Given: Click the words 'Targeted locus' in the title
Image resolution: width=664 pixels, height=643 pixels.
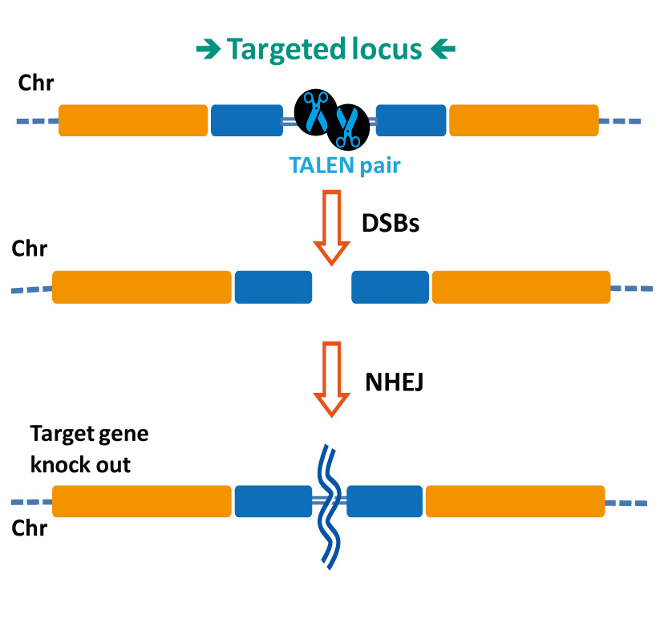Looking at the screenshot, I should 323,50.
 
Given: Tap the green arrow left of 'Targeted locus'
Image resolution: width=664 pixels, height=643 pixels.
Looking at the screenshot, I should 208,51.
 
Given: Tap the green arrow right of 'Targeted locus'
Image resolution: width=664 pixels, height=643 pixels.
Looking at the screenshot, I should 443,51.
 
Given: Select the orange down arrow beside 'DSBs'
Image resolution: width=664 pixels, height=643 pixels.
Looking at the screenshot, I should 330,228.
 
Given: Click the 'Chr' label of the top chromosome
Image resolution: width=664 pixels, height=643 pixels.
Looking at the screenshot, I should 36,83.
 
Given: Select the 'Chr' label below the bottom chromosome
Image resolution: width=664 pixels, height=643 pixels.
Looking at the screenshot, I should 30,529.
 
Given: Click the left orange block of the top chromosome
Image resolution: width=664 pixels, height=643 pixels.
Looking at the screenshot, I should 133,120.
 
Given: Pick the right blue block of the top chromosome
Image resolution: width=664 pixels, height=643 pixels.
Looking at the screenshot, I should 411,120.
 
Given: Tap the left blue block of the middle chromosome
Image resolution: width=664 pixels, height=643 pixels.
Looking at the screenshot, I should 273,287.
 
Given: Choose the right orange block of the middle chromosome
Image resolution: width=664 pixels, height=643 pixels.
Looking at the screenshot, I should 521,287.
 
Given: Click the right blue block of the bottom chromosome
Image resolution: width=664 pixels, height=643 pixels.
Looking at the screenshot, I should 384,501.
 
